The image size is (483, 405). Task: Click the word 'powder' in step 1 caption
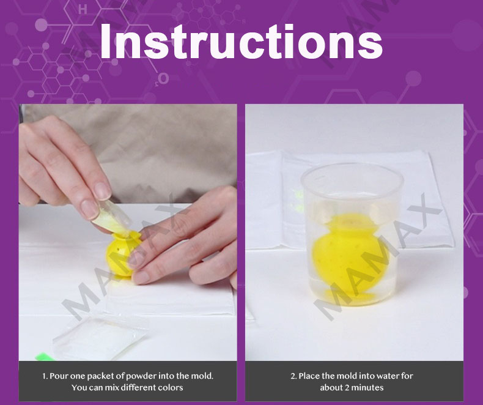(x=141, y=376)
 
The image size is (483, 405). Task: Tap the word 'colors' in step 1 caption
(x=171, y=387)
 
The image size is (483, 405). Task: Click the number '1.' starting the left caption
(x=45, y=376)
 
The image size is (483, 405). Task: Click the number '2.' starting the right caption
(x=293, y=376)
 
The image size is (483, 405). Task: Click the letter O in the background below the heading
(x=163, y=78)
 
